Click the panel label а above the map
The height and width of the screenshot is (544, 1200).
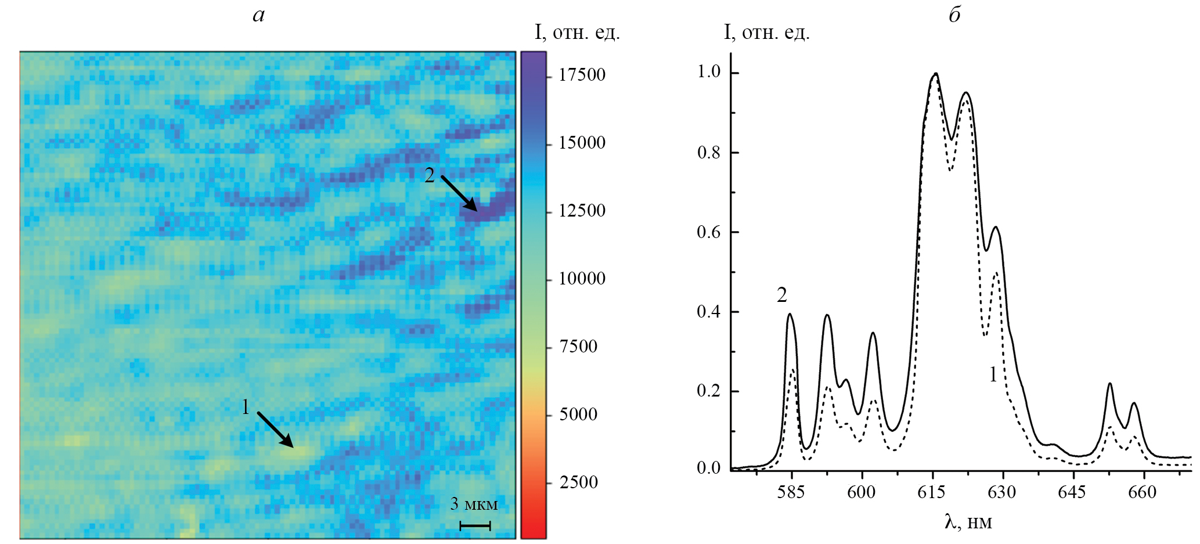click(x=259, y=16)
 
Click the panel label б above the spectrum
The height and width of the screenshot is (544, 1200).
click(x=954, y=16)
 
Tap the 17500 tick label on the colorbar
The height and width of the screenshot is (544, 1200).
click(x=582, y=75)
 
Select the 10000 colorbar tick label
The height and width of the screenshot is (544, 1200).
click(x=582, y=279)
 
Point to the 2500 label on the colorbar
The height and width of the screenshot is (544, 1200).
click(x=578, y=482)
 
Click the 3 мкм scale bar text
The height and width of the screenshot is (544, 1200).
click(x=474, y=504)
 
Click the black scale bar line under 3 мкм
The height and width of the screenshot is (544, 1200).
click(x=475, y=526)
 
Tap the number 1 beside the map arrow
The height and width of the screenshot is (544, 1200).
click(x=246, y=407)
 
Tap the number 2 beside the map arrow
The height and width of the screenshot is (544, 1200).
click(x=430, y=175)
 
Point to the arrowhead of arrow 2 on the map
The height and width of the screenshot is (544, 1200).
click(x=474, y=208)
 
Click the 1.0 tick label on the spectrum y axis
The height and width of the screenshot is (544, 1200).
click(x=708, y=72)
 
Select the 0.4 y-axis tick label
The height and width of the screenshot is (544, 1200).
click(x=708, y=312)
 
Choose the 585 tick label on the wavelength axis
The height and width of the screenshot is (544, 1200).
click(x=791, y=492)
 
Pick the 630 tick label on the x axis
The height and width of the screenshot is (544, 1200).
click(x=1002, y=492)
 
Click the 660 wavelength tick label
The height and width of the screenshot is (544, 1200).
click(x=1143, y=492)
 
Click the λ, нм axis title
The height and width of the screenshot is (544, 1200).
click(x=968, y=523)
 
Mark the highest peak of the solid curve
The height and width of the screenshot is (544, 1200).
click(x=936, y=74)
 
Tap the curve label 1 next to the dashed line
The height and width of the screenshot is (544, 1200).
click(x=993, y=375)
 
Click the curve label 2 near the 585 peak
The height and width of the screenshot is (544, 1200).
click(x=782, y=296)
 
